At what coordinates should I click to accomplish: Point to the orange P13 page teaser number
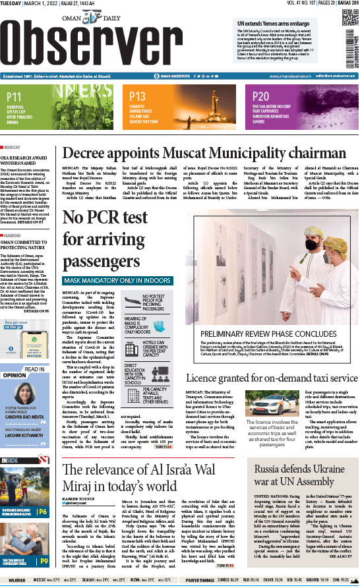click(x=137, y=96)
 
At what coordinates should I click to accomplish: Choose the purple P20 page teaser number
click(x=262, y=96)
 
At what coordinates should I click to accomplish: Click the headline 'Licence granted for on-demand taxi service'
click(x=270, y=379)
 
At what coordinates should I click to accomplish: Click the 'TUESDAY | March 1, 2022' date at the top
click(x=33, y=5)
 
